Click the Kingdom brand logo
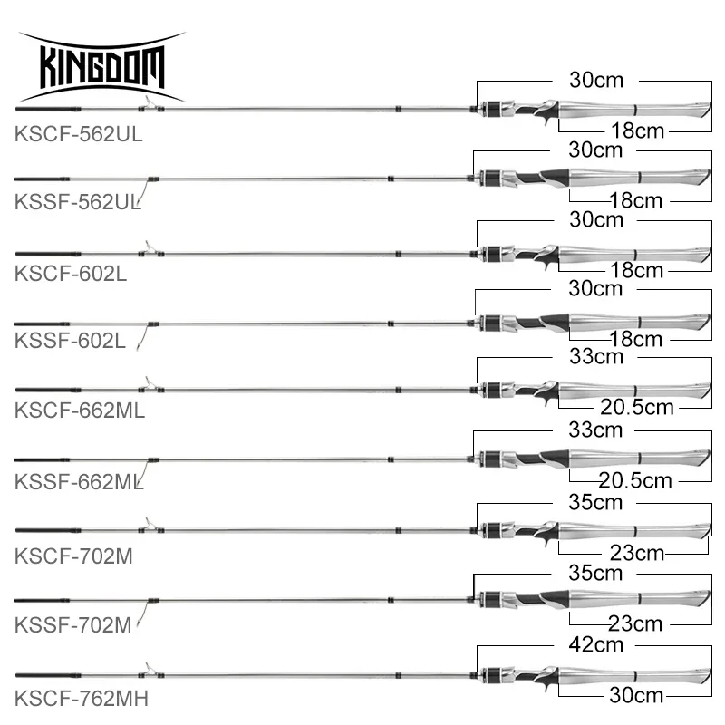[101, 66]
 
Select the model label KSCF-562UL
[79, 133]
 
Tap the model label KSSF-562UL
[79, 203]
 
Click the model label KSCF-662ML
[80, 409]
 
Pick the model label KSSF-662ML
[80, 478]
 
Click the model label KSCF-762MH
[81, 698]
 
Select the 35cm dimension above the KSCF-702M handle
[596, 501]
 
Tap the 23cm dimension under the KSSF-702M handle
[635, 623]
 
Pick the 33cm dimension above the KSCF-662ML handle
[596, 357]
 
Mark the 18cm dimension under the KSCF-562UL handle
[636, 131]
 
